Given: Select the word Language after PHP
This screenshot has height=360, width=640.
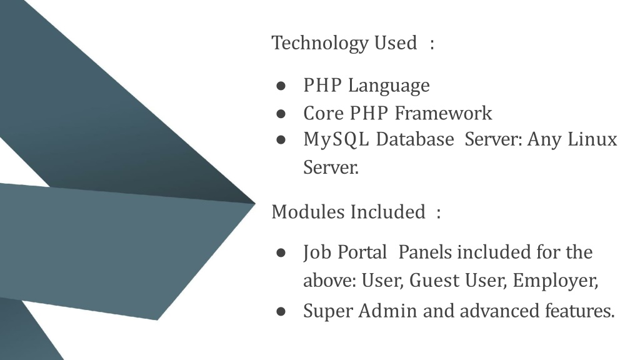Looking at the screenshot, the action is click(x=389, y=86).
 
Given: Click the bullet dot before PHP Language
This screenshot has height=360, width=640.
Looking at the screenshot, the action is click(x=281, y=86).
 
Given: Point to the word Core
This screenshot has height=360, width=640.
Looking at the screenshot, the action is click(x=323, y=113).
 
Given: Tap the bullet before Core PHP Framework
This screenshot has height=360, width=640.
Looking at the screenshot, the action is click(x=281, y=114).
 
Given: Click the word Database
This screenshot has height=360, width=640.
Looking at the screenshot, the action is click(x=415, y=139).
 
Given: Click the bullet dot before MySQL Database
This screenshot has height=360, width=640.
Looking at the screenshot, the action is click(x=281, y=140).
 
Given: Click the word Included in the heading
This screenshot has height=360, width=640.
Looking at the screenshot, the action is click(x=387, y=212).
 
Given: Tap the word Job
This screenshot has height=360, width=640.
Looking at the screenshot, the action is click(x=317, y=252).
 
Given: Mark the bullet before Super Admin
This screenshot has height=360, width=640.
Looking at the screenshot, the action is click(x=281, y=311).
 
